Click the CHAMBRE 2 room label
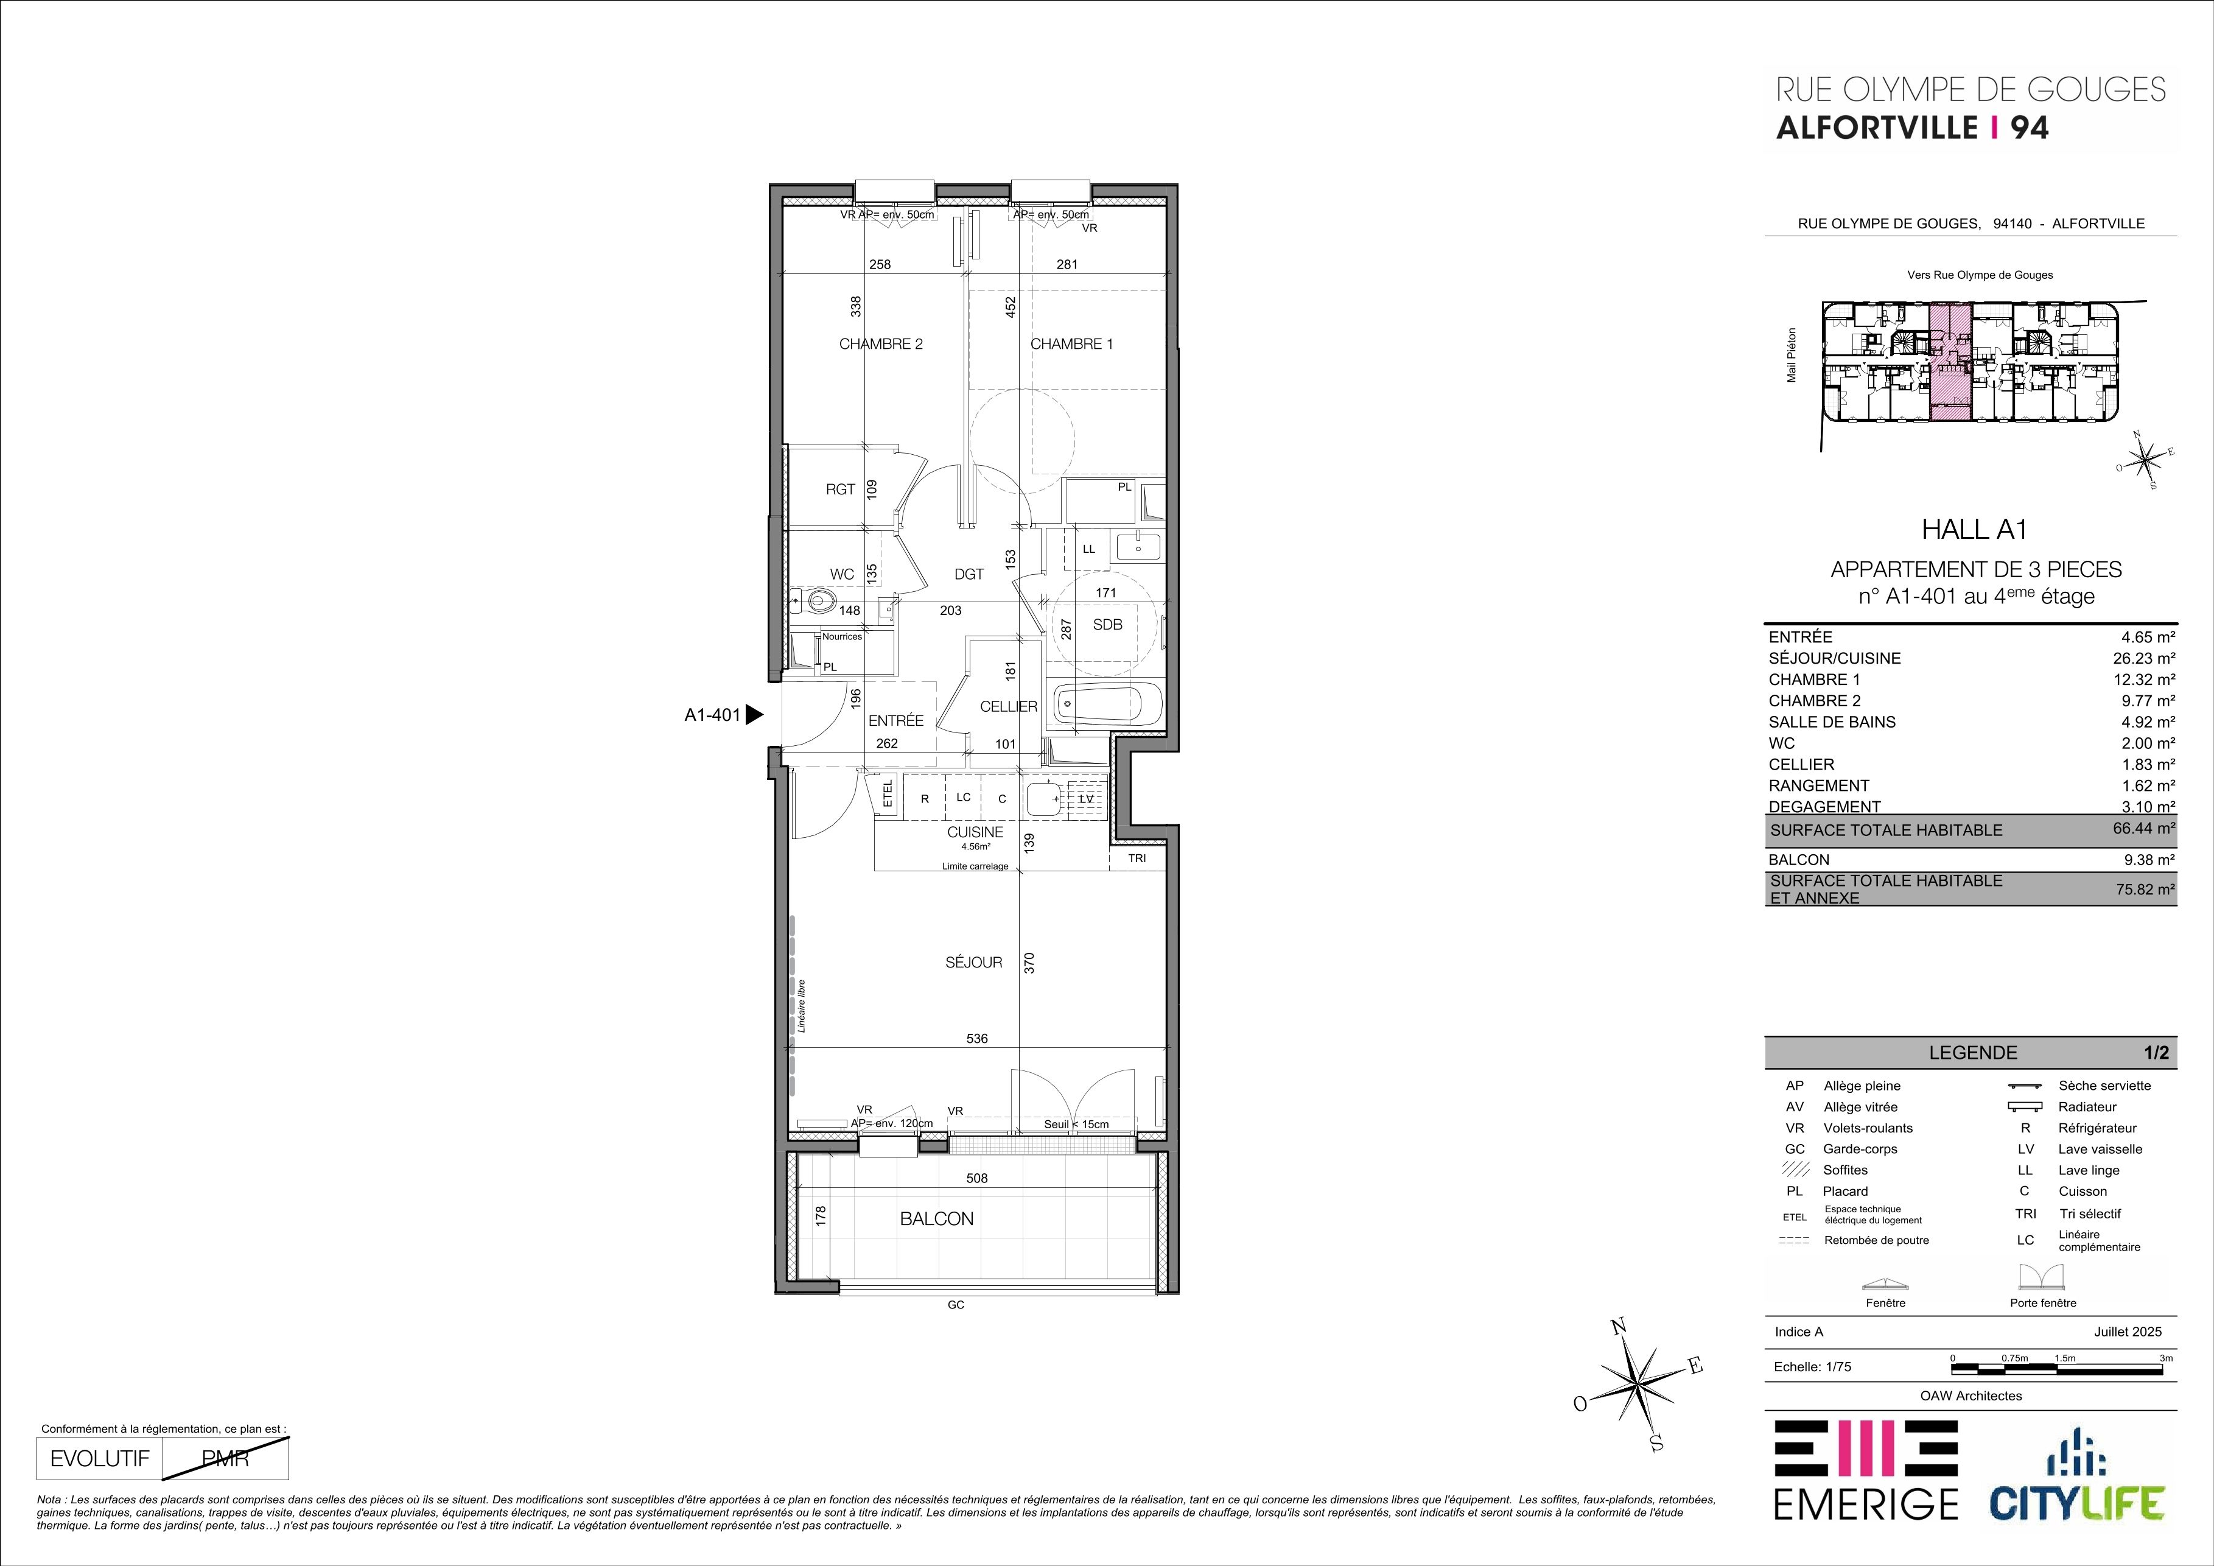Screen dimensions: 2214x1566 [x=880, y=344]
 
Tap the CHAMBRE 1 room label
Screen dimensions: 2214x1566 [x=1071, y=344]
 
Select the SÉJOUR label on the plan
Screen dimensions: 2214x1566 [x=974, y=963]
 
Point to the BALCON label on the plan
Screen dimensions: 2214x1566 [x=936, y=1219]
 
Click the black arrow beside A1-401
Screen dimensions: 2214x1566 [x=755, y=715]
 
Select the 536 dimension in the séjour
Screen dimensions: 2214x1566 [x=977, y=1039]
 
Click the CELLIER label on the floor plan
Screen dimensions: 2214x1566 [x=1009, y=707]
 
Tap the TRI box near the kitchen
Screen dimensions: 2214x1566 [x=1137, y=858]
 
